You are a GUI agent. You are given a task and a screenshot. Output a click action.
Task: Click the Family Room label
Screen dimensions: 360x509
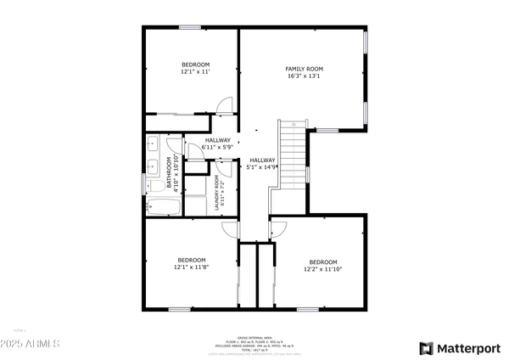click(303, 73)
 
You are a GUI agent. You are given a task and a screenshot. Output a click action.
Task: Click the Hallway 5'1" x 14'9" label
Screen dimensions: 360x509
click(262, 164)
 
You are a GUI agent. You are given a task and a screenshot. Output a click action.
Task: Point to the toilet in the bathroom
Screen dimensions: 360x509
click(156, 186)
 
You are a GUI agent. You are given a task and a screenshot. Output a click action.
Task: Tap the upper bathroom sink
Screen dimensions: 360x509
click(153, 143)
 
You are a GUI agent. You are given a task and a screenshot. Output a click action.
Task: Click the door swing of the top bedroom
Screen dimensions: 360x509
click(224, 105)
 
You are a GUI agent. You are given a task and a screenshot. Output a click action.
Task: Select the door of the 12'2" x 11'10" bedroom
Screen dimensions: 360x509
click(278, 227)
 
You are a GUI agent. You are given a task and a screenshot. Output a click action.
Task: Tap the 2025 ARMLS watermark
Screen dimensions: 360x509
click(31, 346)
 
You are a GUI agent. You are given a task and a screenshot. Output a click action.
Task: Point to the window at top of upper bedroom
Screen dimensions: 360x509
click(189, 27)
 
